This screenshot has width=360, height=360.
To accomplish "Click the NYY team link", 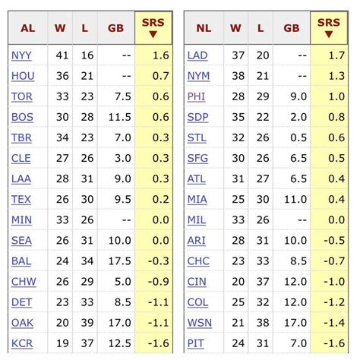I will [x=22, y=55].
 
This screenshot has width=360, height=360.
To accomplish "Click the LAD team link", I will [x=197, y=55].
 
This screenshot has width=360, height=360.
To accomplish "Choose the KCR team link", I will [x=22, y=343].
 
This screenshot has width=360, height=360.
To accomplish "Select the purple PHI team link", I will [x=195, y=96].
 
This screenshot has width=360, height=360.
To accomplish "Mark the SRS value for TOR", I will [x=153, y=96].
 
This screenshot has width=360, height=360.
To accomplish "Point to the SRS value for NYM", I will [x=330, y=76].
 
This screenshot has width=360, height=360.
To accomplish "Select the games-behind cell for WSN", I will [x=292, y=323].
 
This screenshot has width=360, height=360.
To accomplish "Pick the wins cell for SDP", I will [x=236, y=117].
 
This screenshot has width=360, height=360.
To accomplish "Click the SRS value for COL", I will [x=329, y=302].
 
